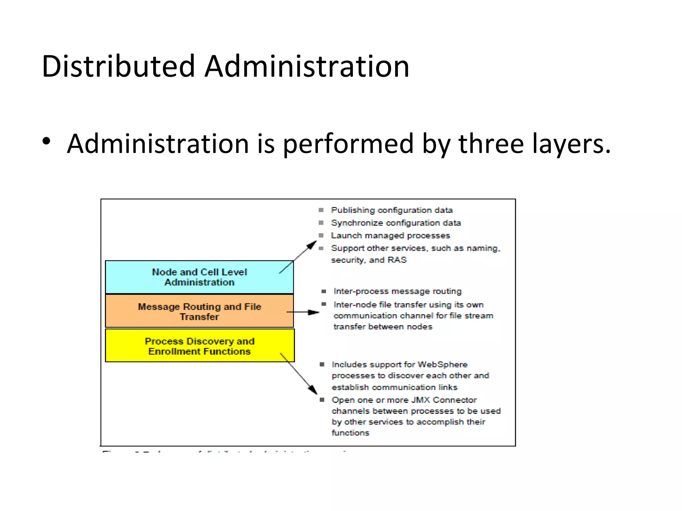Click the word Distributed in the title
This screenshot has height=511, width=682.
click(x=118, y=67)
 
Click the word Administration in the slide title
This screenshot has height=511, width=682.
click(x=307, y=67)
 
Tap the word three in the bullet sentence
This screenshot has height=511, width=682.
click(x=491, y=144)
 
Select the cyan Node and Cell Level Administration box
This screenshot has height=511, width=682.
click(x=199, y=277)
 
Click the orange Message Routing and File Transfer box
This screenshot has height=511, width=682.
click(x=199, y=311)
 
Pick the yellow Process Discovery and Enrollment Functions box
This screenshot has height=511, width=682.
click(x=199, y=346)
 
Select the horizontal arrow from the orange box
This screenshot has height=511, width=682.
click(x=303, y=312)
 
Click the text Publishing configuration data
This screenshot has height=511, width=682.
click(x=392, y=210)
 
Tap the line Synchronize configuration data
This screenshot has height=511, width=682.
click(x=396, y=223)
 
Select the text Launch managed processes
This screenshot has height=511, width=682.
click(x=390, y=236)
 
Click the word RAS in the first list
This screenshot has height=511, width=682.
click(x=397, y=260)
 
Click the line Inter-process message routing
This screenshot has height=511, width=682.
click(x=398, y=291)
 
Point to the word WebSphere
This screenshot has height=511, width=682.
click(x=443, y=365)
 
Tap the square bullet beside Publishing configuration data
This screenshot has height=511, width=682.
click(x=321, y=210)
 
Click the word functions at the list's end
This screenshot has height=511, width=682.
click(x=350, y=433)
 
